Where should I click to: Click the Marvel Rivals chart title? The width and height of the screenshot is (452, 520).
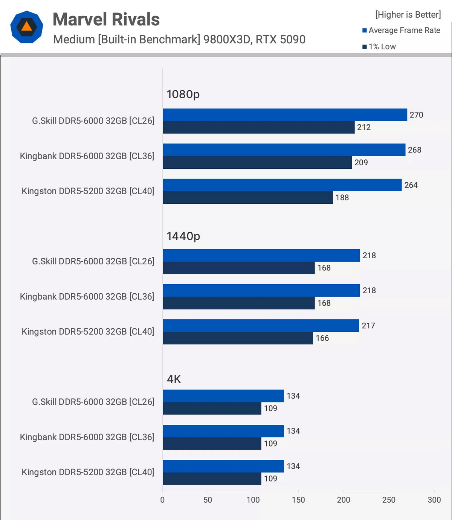click(106, 20)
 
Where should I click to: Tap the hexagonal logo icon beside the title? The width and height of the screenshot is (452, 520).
click(26, 27)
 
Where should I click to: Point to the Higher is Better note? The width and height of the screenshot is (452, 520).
click(408, 15)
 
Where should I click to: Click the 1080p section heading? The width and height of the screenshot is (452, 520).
click(183, 94)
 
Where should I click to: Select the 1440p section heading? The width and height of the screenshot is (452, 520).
click(183, 236)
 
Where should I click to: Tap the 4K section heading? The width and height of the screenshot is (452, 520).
click(174, 379)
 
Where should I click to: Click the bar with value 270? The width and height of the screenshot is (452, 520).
click(285, 115)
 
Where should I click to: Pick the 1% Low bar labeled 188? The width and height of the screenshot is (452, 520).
click(248, 198)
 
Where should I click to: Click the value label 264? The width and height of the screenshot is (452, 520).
click(411, 185)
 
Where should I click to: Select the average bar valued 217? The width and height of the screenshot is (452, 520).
click(261, 326)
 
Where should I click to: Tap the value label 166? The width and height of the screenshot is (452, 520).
click(322, 338)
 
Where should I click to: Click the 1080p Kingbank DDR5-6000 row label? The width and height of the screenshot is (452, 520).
click(87, 156)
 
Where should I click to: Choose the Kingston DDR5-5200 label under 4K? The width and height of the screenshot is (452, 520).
click(88, 472)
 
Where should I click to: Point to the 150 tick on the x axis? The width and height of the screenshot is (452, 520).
click(298, 500)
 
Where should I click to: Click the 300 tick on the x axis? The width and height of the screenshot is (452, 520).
click(434, 500)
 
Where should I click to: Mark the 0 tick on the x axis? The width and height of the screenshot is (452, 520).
click(163, 500)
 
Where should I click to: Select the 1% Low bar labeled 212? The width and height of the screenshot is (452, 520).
click(258, 127)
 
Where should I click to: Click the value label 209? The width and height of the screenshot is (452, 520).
click(361, 163)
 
